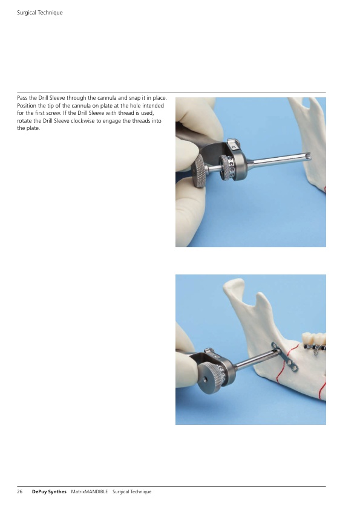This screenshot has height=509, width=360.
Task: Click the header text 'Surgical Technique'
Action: (40, 13)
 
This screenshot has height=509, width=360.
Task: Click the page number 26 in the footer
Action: (20, 491)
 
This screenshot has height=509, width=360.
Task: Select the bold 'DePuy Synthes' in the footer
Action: (49, 491)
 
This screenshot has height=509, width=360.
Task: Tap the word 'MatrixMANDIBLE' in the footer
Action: (90, 491)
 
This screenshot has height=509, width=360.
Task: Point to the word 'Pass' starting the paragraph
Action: (22, 98)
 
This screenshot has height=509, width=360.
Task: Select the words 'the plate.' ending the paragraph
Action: (28, 128)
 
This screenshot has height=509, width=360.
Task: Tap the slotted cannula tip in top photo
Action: (307, 157)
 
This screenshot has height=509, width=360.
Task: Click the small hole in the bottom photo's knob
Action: (206, 378)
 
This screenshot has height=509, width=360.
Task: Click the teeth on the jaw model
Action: (313, 339)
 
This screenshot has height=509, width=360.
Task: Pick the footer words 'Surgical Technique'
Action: (132, 491)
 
